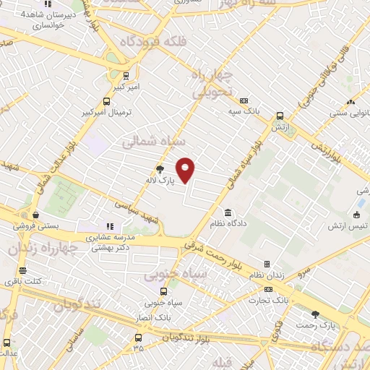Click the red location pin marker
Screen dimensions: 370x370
coord(186,171)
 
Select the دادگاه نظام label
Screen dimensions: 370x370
coord(248,224)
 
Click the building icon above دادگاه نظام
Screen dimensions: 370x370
coord(228,213)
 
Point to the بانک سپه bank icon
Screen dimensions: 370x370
coord(244,100)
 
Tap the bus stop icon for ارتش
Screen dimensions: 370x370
coord(280,115)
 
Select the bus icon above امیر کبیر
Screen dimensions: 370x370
coord(126,75)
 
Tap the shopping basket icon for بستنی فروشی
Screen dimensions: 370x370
coord(35,214)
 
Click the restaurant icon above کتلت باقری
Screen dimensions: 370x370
coord(22,271)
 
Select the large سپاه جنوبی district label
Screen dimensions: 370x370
coord(175,275)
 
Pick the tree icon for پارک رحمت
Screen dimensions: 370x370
coord(315,314)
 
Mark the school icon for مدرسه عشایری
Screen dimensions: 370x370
coord(110,226)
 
